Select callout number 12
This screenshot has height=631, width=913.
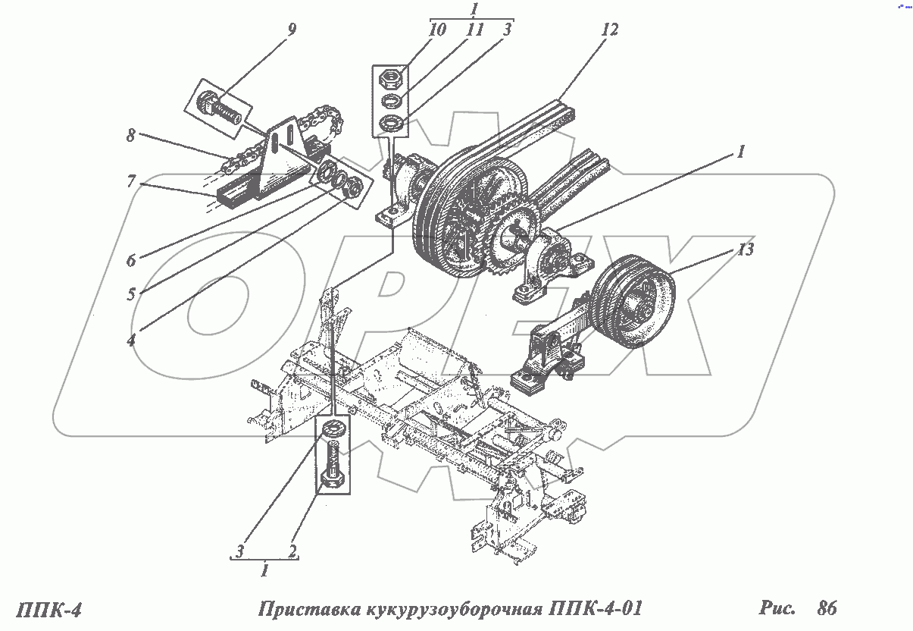(609, 30)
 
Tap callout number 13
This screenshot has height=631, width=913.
(746, 250)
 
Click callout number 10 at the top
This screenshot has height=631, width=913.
(438, 30)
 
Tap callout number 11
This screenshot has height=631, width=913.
(474, 30)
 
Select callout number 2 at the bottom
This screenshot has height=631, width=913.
(290, 549)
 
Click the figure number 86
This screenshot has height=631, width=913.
(827, 607)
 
